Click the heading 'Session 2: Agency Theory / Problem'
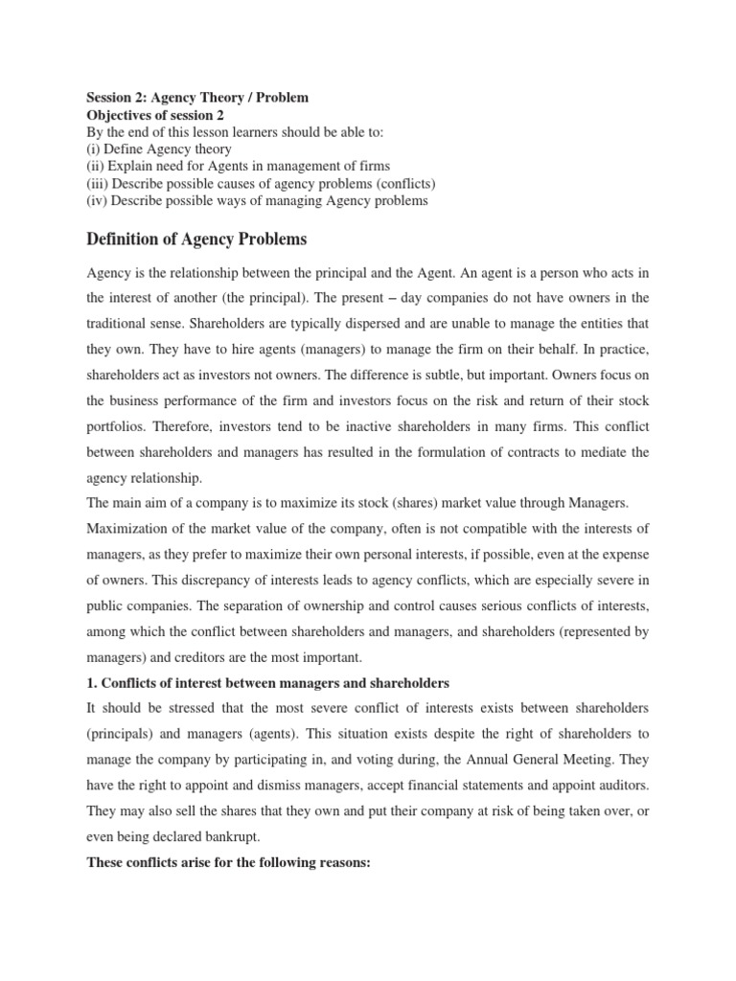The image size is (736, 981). point(197,98)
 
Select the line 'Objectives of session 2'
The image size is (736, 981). point(161,115)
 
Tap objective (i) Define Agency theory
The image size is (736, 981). point(159,149)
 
